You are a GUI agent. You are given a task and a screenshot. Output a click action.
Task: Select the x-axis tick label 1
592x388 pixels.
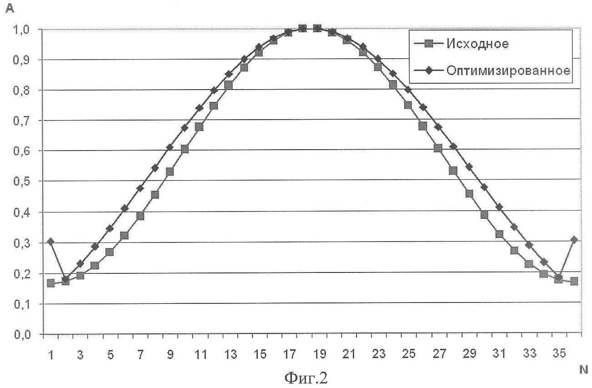(x=51, y=355)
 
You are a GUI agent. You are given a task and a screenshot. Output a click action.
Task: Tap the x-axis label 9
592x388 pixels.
(x=170, y=355)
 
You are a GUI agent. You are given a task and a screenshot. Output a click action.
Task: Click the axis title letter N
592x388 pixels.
(x=583, y=371)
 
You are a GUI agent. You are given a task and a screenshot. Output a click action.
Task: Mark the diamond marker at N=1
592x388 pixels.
(x=50, y=241)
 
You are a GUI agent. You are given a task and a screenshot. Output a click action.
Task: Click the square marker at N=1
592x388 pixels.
(x=50, y=283)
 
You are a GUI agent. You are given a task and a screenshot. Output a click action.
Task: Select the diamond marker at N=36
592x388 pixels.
(x=574, y=239)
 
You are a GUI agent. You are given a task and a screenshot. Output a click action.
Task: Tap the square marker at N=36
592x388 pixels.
(x=574, y=281)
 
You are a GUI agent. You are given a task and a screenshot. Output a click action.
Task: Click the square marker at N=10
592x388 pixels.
(x=185, y=149)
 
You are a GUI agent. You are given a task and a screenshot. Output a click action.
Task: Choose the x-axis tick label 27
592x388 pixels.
(x=439, y=355)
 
